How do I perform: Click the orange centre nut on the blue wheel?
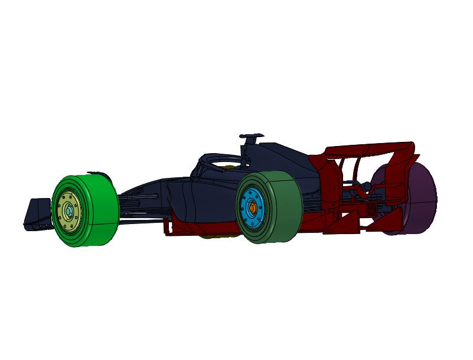point(252,207)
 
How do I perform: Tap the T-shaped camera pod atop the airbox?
point(252,137)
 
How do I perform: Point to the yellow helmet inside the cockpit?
point(228,169)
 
